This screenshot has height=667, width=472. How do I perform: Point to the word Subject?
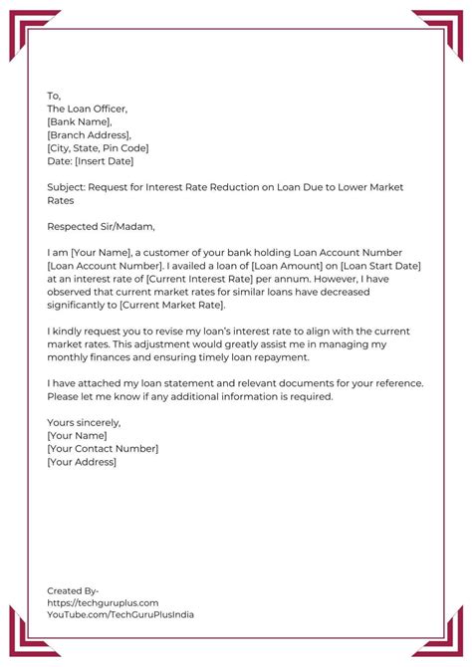pyautogui.click(x=65, y=186)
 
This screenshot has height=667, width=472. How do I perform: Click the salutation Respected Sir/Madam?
pyautogui.click(x=101, y=226)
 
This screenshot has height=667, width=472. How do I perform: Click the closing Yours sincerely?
pyautogui.click(x=84, y=422)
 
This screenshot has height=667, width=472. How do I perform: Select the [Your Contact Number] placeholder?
pyautogui.click(x=103, y=448)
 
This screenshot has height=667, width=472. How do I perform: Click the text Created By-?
pyautogui.click(x=73, y=590)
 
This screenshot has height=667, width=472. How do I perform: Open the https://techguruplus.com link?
pyautogui.click(x=104, y=602)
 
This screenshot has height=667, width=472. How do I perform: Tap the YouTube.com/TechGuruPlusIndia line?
pyautogui.click(x=120, y=615)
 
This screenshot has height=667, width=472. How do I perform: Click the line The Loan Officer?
pyautogui.click(x=88, y=109)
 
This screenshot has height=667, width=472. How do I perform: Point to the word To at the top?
pyautogui.click(x=54, y=96)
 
